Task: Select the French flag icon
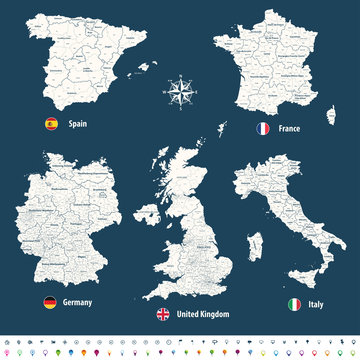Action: pos(264,129)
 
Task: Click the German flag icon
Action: pos(48,302)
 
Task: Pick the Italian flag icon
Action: pos(294,302)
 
